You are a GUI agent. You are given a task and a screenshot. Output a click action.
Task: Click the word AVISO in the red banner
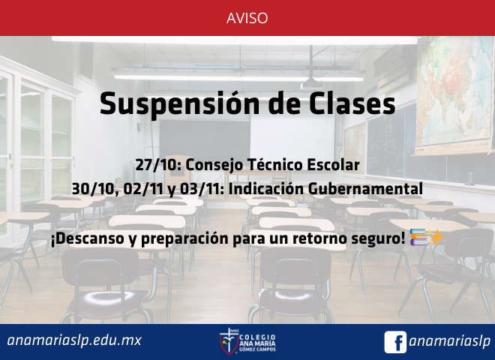point(247,18)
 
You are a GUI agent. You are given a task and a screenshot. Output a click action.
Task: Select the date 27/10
point(158,165)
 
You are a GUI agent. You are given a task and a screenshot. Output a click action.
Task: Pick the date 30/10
point(95,189)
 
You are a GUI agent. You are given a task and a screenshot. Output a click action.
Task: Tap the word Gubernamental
point(365,189)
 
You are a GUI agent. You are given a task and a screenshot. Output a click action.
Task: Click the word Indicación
point(266,189)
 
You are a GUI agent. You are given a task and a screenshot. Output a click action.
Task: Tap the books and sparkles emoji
point(427,238)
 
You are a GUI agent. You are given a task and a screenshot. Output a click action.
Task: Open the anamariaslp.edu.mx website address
point(74,340)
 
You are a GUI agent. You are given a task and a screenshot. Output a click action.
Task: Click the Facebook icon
point(395,342)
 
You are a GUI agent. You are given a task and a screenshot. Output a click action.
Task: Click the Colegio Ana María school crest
point(229,341)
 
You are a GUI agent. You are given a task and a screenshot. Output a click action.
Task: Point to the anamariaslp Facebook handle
point(450,342)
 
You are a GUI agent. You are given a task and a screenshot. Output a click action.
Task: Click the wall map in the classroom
point(454,94)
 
